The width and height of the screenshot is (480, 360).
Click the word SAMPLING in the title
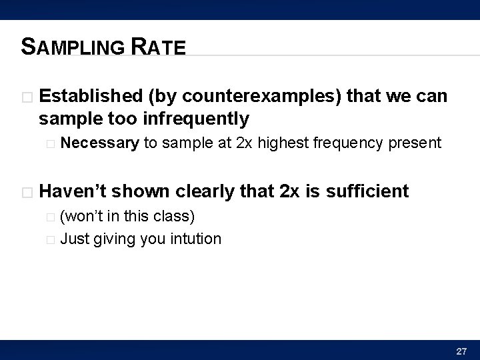point(72,47)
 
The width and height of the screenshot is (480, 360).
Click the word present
point(417,142)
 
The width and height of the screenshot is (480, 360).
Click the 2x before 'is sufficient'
point(291,192)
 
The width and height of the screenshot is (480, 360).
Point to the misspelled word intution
point(195,238)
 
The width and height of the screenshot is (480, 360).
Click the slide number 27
point(461,350)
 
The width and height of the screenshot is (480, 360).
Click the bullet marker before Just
point(53,239)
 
